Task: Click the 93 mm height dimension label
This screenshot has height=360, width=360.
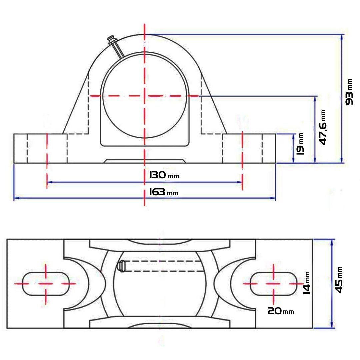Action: (349, 92)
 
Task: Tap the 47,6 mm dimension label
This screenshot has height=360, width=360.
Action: (323, 128)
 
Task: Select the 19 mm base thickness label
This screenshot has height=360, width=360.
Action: (300, 143)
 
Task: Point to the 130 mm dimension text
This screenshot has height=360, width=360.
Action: (164, 175)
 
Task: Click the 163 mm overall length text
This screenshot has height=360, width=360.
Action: (164, 192)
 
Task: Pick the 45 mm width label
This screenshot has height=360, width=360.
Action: (339, 280)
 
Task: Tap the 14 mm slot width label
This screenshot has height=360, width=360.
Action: (307, 283)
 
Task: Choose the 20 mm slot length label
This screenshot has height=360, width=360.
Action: (281, 311)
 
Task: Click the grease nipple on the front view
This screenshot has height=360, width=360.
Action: (116, 46)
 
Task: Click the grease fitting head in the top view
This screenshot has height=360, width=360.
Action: (121, 266)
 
